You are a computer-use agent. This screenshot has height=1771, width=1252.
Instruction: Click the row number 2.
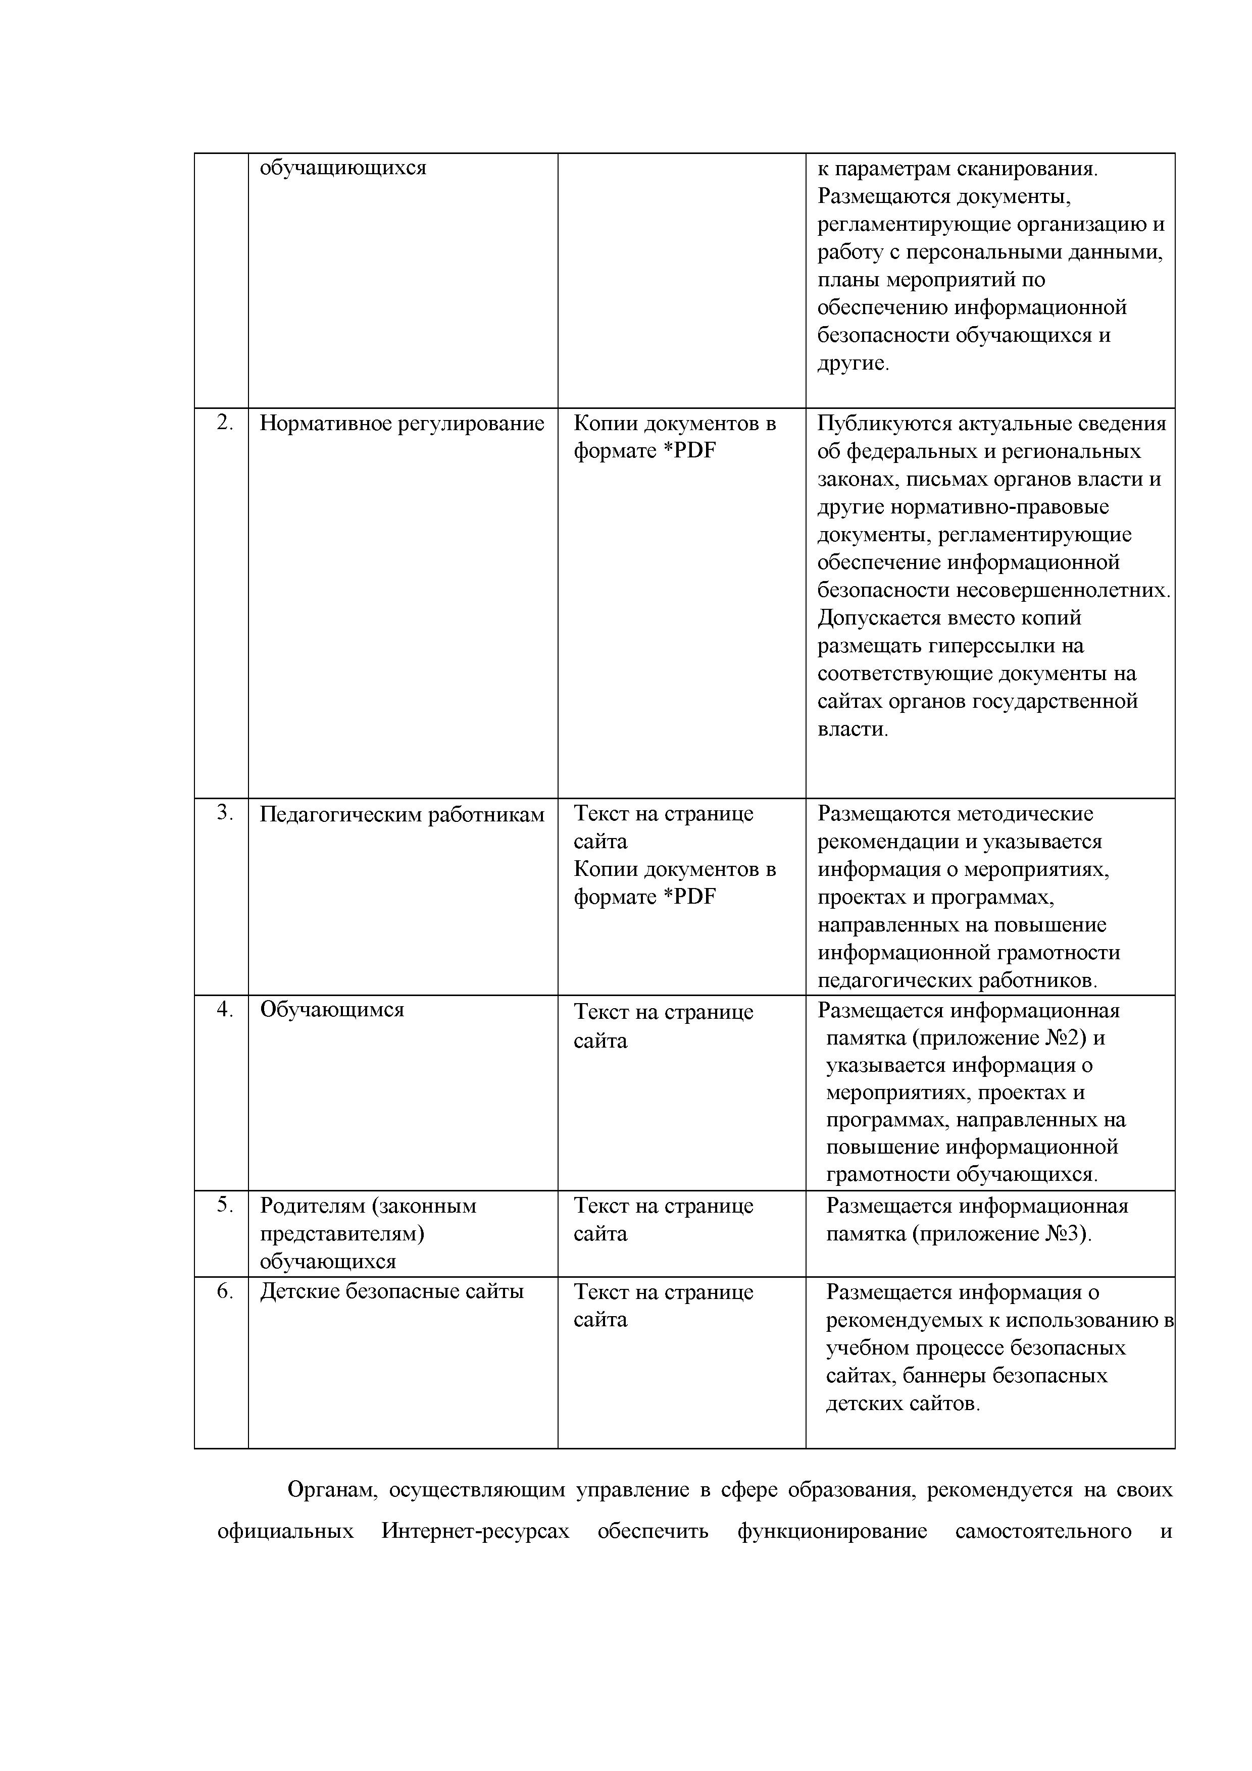224,424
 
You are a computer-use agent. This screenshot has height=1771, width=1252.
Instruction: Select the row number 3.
224,813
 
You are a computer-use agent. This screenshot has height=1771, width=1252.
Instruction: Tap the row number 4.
224,1010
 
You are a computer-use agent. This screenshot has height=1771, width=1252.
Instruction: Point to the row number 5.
224,1206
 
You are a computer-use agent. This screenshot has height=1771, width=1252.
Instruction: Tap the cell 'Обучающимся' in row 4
332,1010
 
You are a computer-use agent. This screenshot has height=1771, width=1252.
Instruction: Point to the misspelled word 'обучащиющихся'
342,168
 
